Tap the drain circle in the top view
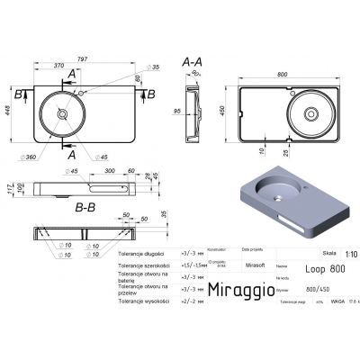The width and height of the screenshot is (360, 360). pyautogui.click(x=62, y=114)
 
